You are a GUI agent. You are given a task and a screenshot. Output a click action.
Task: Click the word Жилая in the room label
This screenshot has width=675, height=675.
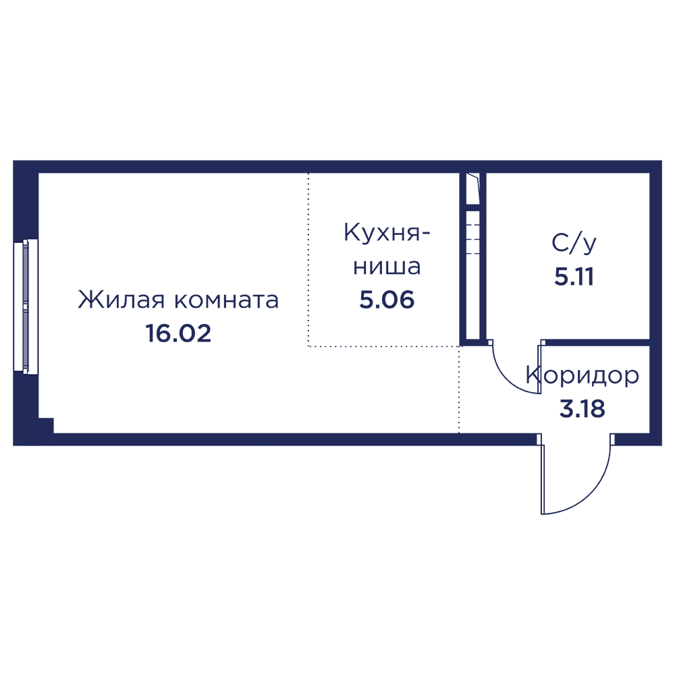click(x=121, y=300)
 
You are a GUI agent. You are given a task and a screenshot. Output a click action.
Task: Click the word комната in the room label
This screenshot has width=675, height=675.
click(x=227, y=301)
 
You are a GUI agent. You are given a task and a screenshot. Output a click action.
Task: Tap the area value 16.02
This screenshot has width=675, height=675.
click(x=179, y=333)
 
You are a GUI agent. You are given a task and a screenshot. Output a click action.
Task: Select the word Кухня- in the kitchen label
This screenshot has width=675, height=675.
click(x=387, y=234)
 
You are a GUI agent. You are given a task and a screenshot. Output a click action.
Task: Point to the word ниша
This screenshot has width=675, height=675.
click(x=387, y=267)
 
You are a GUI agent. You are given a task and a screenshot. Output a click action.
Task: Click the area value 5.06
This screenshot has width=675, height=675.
click(x=387, y=300)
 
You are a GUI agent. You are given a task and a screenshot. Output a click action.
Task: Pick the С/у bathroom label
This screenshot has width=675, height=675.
click(x=574, y=244)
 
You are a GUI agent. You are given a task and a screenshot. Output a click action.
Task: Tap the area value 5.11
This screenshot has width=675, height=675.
click(x=574, y=276)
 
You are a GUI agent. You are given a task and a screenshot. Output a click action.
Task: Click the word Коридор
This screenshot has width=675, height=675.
click(x=583, y=376)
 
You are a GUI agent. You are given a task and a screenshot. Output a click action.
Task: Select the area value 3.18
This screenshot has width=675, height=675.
click(x=583, y=408)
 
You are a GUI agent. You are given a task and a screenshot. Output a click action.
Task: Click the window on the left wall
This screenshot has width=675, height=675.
click(x=26, y=305)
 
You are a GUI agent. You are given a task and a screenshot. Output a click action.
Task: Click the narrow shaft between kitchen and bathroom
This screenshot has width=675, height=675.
click(x=473, y=256)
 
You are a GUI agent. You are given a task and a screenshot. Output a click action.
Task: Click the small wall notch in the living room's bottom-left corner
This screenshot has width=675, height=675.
click(x=46, y=425)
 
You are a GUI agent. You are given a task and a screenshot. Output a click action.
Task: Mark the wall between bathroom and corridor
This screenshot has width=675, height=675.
click(x=595, y=342)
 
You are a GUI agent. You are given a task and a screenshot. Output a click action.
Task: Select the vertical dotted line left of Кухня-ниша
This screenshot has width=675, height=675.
click(x=308, y=260)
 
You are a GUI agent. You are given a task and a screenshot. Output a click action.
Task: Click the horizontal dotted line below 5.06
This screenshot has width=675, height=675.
click(x=383, y=346)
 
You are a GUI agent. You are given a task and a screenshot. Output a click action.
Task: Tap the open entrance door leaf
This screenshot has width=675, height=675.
click(x=543, y=479)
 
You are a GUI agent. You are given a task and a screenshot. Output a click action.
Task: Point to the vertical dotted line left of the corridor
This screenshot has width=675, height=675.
click(x=459, y=389)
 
